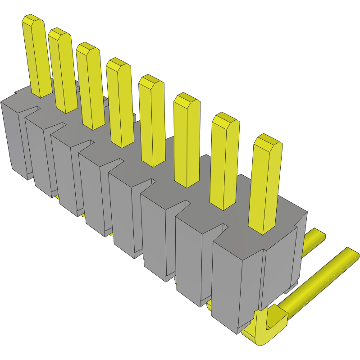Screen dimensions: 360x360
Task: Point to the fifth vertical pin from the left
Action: (x=152, y=124)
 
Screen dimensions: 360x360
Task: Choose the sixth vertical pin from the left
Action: (x=186, y=144)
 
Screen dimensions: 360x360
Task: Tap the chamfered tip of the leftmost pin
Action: (x=32, y=21)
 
